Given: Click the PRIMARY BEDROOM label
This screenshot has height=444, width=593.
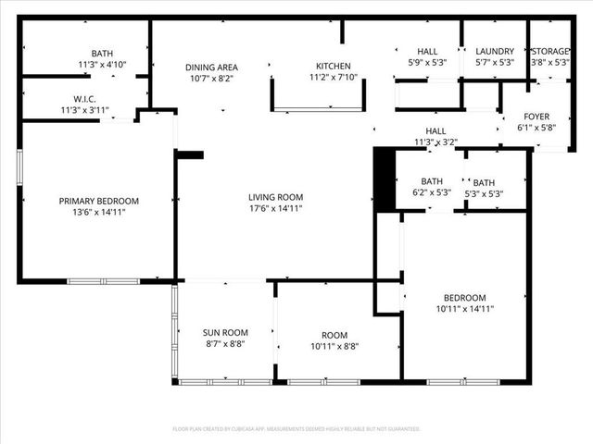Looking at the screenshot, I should coord(98,201).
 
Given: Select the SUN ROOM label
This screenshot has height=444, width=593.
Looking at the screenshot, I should coord(225,333).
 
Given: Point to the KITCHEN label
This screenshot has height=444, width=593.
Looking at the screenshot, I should coord(334,67).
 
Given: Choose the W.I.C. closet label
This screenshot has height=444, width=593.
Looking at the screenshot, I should coord(79,99).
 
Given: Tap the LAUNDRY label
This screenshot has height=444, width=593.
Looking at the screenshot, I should coord(494,51).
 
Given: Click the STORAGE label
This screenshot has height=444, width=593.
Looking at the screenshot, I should coord(550,51).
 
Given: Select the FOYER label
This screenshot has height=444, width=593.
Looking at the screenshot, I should coord(536,117).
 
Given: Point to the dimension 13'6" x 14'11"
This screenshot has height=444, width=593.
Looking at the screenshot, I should coord(98,213).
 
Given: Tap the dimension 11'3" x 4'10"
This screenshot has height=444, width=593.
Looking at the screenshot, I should coord(102,64).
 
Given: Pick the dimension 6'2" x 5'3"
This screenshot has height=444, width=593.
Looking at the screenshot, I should coord(431,193).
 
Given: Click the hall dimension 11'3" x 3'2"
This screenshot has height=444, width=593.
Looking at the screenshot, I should coord(435,142).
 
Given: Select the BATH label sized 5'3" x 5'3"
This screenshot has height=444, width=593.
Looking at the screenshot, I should coord(483,182).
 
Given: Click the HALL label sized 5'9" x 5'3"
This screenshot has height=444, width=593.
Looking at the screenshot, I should coord(427,51).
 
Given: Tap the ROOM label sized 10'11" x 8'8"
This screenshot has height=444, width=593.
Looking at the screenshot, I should coord(334,335).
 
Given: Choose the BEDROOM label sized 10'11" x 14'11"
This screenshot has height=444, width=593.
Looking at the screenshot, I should coord(464,298).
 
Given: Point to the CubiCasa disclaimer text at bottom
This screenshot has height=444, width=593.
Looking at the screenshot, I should coord(296,429).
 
